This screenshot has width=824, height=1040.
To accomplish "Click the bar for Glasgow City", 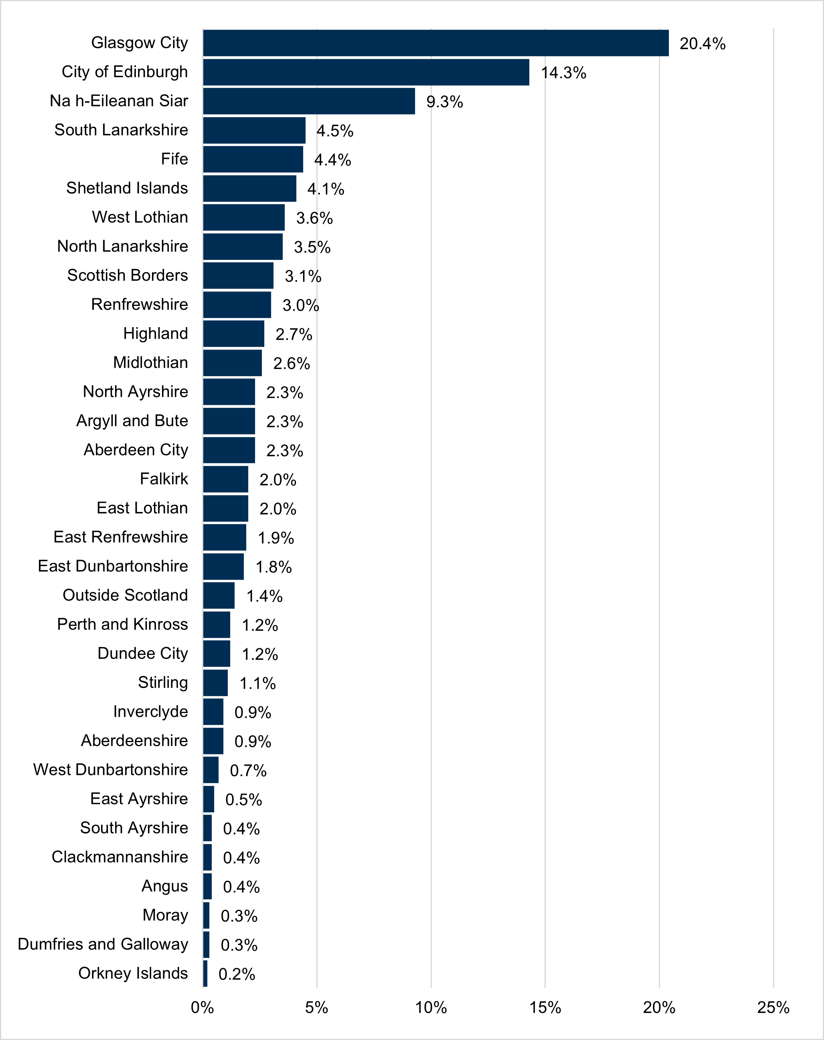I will tap(435, 43).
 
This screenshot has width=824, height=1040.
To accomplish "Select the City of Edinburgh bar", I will tap(366, 72).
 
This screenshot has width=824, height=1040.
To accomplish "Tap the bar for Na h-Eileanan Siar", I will tap(309, 101).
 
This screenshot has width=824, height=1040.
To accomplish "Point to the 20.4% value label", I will tap(703, 44).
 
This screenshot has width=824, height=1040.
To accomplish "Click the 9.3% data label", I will tap(444, 102).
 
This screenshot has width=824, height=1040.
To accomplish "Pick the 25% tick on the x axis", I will tap(773, 1008).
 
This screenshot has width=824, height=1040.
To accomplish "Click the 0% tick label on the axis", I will tap(202, 1008).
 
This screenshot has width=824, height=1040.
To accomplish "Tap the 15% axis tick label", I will tap(545, 1008).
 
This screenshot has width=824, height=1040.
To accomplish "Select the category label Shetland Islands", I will tap(127, 188).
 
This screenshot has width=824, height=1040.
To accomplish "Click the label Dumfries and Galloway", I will tap(103, 944).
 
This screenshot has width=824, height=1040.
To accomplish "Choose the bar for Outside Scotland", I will tap(219, 596).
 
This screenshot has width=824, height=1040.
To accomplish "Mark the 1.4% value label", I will tap(264, 597).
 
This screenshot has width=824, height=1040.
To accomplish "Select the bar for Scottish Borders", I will tap(238, 275).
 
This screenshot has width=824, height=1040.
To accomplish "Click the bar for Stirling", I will tap(215, 682).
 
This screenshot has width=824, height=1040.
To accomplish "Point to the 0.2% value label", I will tap(237, 974).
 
